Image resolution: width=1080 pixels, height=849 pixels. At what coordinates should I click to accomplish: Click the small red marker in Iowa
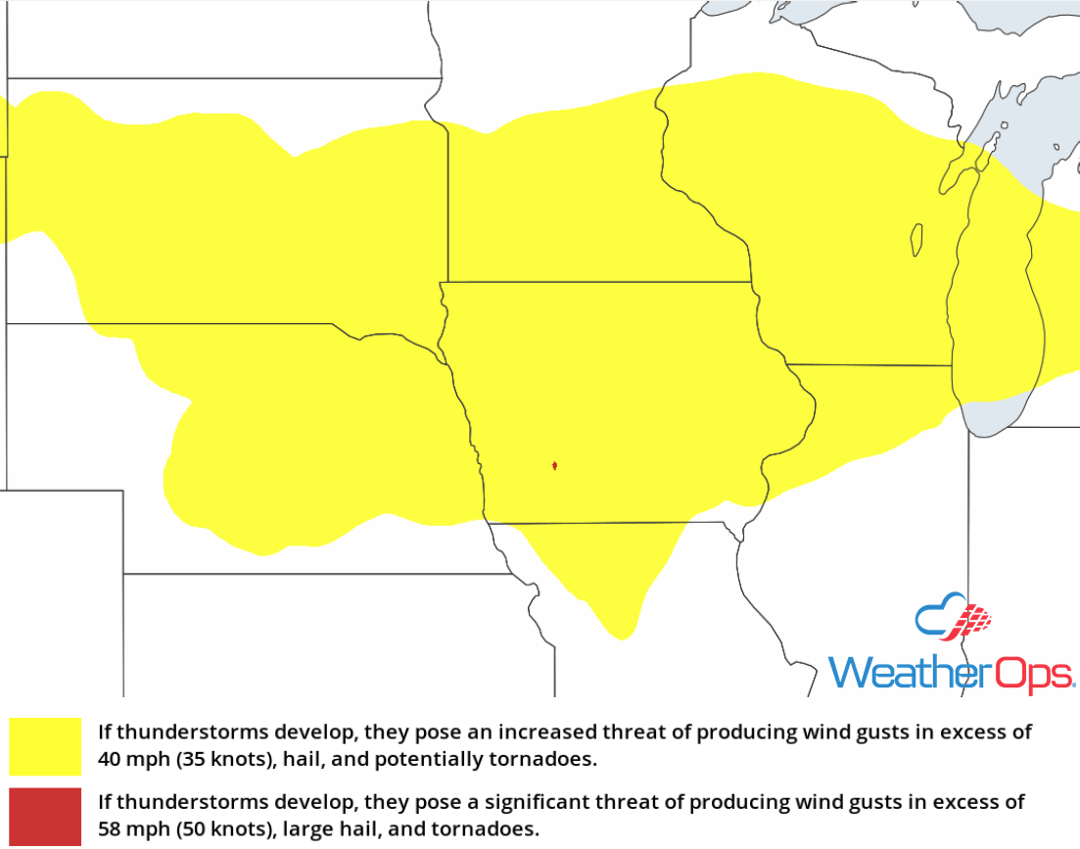tap(555, 466)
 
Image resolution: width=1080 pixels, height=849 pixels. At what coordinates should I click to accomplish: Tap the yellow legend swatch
tap(45, 746)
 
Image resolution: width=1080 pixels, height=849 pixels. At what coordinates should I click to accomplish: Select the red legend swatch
tap(45, 817)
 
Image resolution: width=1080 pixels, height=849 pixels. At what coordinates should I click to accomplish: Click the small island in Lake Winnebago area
tap(916, 240)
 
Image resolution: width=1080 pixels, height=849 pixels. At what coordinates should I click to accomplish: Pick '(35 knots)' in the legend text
tap(214, 759)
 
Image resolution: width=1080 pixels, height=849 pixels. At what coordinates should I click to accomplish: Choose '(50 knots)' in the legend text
tap(214, 829)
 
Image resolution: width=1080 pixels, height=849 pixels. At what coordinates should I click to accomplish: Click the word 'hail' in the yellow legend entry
tap(290, 759)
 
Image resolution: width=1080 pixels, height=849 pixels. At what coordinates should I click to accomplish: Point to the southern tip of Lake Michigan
tap(989, 431)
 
